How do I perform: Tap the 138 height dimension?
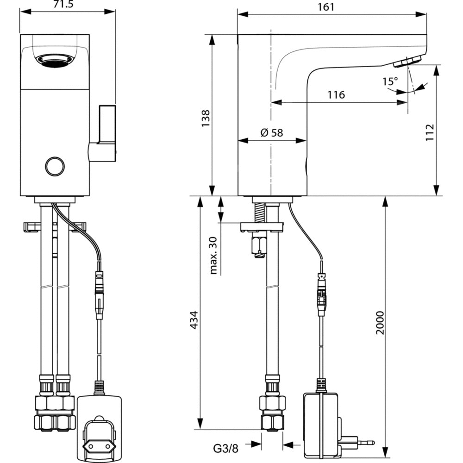(206, 118)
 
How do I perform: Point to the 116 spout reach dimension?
(336, 95)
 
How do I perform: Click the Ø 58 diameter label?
(272, 133)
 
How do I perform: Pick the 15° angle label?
(390, 81)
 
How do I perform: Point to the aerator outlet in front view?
(55, 60)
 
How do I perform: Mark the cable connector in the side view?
(322, 295)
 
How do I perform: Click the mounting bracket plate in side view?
(262, 227)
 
